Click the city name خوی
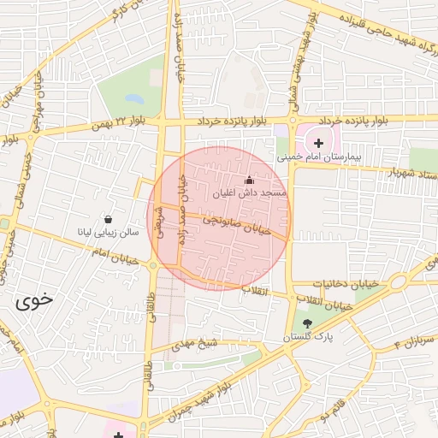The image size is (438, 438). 33,301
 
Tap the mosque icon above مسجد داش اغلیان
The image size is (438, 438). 249,181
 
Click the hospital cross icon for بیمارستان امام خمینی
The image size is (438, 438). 319,143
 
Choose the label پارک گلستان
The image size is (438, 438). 308,338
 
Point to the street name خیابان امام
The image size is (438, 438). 114,252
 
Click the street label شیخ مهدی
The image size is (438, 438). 191,343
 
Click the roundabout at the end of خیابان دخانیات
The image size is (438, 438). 398,282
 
